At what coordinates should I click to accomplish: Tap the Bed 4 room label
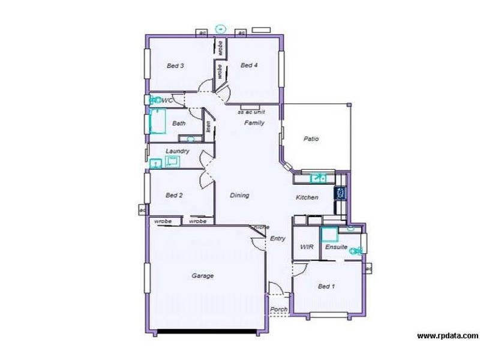(249, 65)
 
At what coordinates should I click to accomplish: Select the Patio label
(311, 139)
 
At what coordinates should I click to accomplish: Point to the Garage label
(203, 276)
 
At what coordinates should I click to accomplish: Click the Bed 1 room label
(326, 287)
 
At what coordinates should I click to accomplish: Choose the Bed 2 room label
(174, 195)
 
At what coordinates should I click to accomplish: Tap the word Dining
(240, 195)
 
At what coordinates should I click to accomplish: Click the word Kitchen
(307, 197)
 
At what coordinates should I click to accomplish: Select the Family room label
(254, 122)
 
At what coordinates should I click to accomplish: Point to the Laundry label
(178, 151)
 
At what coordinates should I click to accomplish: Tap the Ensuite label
(337, 246)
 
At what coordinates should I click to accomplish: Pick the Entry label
(277, 238)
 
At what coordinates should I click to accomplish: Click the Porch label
(278, 310)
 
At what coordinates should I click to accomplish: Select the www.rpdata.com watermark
(448, 335)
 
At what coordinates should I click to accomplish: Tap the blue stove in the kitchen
(341, 193)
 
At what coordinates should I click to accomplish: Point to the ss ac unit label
(252, 112)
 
